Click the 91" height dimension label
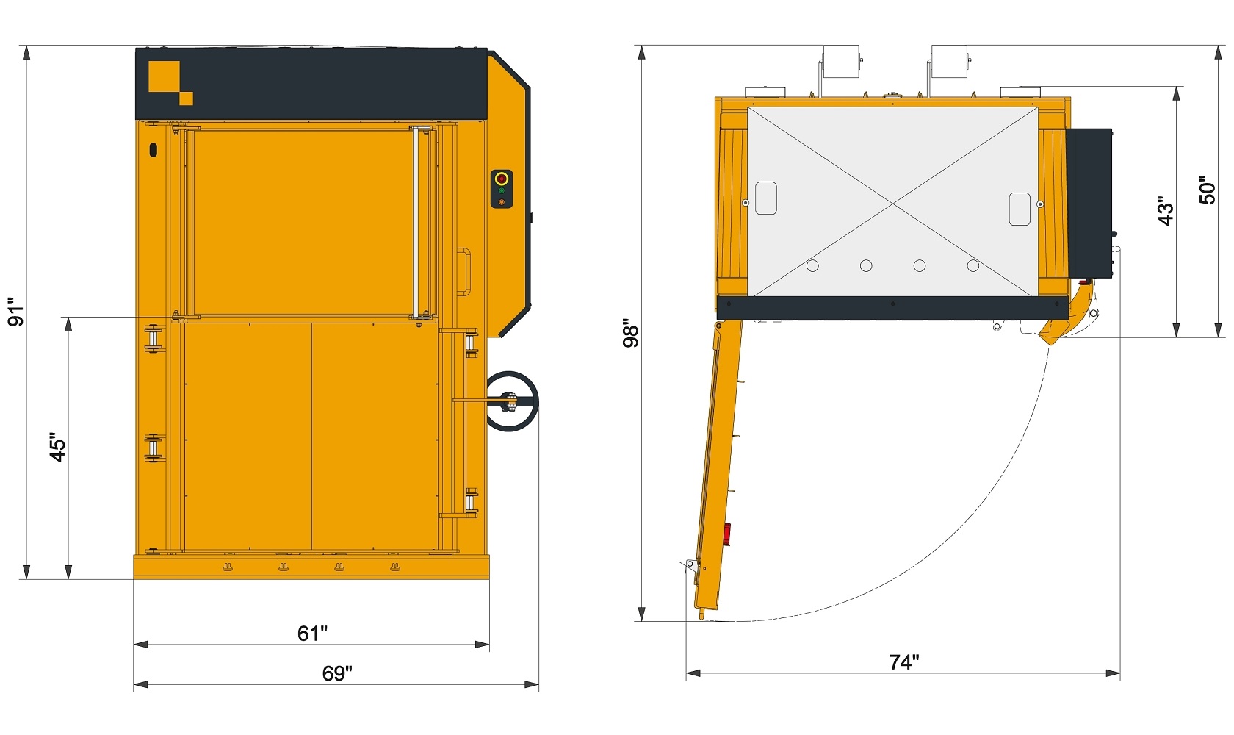[x=15, y=312]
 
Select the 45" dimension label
[x=57, y=446]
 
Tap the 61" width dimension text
[x=312, y=633]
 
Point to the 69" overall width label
[x=337, y=673]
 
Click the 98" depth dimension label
[x=631, y=333]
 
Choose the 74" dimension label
[x=904, y=662]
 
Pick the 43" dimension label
[x=1166, y=210]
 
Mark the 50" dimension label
[x=1208, y=190]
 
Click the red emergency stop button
[x=502, y=179]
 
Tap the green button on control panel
[x=502, y=191]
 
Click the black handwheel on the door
[x=512, y=401]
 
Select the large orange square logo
[x=164, y=76]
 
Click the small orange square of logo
[x=187, y=98]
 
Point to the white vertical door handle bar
[x=415, y=220]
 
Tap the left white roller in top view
[x=841, y=61]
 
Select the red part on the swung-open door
[x=727, y=534]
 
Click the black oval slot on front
[x=153, y=150]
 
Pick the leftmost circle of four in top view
[x=812, y=265]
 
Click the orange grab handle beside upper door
[x=464, y=271]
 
